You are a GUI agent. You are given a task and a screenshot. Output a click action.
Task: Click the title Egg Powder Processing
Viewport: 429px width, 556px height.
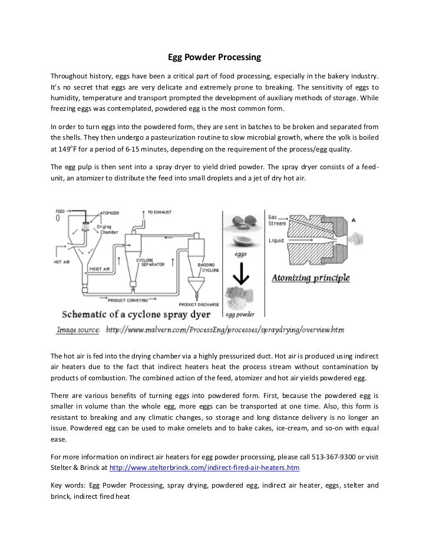tap(214, 58)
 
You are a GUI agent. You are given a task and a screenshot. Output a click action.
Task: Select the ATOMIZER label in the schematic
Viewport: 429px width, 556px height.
tap(110, 215)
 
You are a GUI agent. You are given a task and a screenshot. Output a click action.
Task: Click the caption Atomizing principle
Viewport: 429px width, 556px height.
tap(311, 278)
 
